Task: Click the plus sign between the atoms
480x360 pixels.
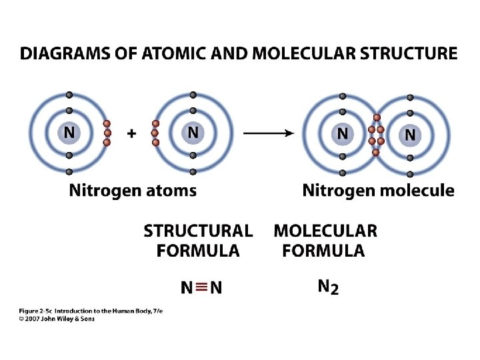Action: coord(131,133)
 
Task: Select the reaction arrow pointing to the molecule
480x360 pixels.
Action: coord(268,133)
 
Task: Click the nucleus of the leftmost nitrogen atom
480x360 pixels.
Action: coord(69,133)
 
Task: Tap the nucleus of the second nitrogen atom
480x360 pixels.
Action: coord(193,133)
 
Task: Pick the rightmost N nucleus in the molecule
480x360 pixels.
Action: coord(410,135)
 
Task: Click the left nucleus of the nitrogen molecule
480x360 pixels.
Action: coord(342,133)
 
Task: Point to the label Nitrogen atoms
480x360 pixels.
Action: coord(133,191)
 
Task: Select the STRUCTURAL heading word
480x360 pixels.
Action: coord(198,231)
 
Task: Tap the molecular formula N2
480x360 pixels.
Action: coord(327,287)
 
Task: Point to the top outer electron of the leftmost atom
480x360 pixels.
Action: coord(69,95)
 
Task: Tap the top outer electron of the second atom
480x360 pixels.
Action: coord(193,95)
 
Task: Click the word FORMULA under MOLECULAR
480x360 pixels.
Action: coord(323,251)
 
